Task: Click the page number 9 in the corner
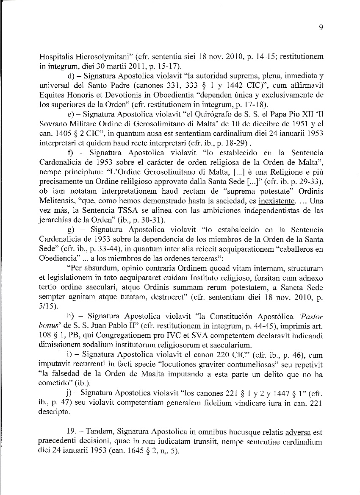tap(321, 28)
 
